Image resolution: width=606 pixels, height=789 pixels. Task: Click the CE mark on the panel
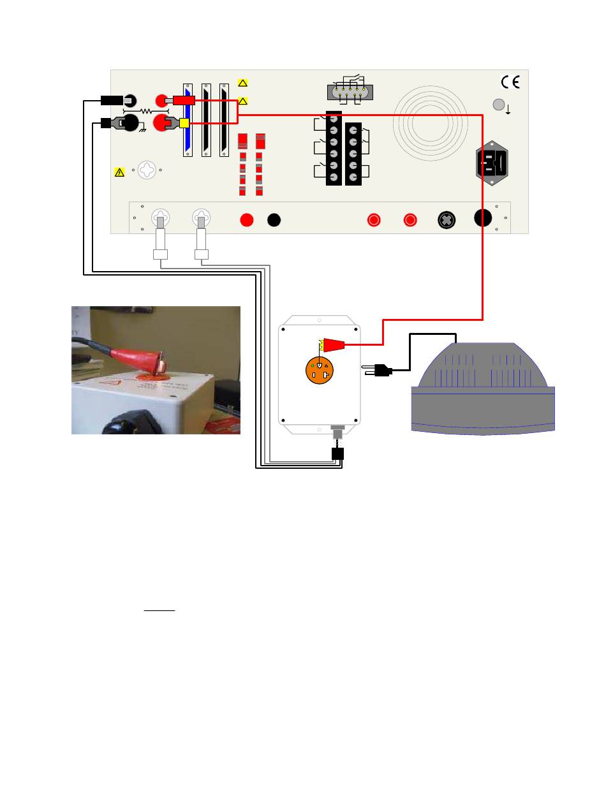(510, 82)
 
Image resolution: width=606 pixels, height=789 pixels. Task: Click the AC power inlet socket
(494, 163)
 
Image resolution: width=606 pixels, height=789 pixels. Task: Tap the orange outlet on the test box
(320, 370)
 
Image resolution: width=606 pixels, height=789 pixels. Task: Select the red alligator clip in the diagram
(334, 345)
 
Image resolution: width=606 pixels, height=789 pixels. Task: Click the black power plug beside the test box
(381, 369)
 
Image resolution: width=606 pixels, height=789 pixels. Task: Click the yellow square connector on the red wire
(184, 123)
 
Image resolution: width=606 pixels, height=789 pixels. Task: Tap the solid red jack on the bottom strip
(247, 220)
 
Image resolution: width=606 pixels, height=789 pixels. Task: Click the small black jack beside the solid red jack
(274, 220)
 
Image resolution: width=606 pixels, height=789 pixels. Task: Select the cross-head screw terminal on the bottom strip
(447, 220)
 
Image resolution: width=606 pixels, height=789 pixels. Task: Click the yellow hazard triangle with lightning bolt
(119, 172)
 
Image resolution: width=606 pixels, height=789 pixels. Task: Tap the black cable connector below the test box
(337, 453)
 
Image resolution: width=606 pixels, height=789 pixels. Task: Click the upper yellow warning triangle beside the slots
(242, 82)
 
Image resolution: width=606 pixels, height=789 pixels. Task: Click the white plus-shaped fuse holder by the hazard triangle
(147, 170)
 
